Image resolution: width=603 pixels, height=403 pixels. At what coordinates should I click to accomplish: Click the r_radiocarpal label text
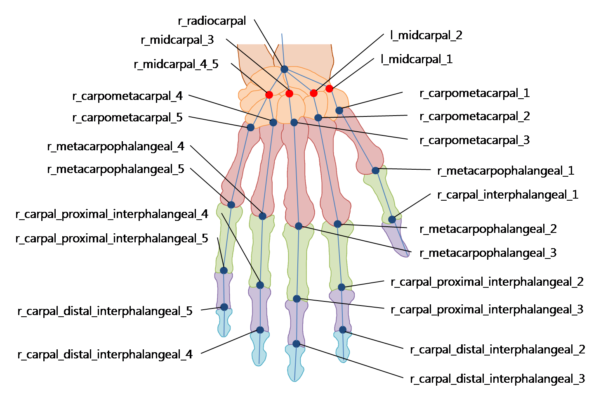point(212,21)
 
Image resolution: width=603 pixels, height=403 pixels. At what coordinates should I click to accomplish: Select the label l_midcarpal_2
point(426,36)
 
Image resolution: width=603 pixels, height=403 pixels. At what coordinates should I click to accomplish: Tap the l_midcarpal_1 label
point(417,59)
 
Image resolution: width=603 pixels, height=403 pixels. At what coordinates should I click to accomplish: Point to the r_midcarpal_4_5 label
point(176,64)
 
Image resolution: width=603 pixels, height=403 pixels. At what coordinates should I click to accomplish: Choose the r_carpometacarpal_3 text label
point(474,140)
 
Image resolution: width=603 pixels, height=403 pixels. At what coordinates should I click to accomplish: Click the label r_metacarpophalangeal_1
point(506,171)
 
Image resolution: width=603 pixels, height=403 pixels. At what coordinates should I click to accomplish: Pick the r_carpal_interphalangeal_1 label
point(508,195)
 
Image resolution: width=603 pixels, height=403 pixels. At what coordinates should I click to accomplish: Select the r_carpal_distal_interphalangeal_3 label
point(497,379)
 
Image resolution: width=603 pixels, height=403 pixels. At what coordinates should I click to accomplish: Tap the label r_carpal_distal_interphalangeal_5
point(105,311)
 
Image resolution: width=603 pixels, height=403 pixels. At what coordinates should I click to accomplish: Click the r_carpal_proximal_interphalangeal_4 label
point(112,214)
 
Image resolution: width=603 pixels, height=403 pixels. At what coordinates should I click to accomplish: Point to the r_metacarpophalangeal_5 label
point(115,169)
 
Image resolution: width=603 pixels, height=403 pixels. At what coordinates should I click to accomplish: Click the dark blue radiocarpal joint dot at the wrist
point(284,69)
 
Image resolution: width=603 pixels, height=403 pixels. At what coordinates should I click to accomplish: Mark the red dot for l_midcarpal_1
point(329,88)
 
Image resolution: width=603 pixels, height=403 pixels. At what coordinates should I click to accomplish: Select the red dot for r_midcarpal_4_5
point(269,95)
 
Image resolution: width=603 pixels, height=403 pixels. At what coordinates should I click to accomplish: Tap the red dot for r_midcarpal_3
point(289,94)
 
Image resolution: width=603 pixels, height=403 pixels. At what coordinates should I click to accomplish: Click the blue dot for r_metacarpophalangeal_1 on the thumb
point(375,170)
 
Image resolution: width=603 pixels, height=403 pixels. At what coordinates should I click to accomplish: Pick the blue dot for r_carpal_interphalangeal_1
point(392,219)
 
